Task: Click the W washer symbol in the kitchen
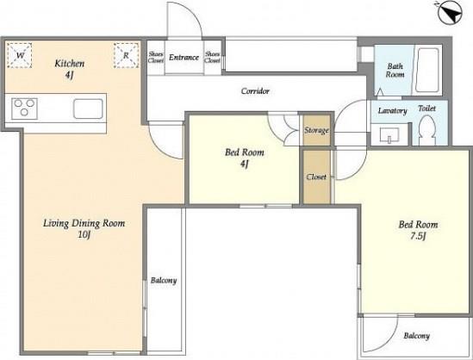point(20,55)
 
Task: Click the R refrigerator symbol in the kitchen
point(127,55)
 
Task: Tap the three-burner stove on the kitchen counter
point(24,109)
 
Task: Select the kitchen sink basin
point(88,109)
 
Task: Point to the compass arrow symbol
point(450,13)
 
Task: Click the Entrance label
point(184,58)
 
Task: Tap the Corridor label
point(255,90)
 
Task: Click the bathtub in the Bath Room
point(426,71)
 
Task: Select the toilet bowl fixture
point(427,130)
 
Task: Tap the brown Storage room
point(316,130)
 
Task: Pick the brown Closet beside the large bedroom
point(316,177)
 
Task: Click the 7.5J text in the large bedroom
point(418,236)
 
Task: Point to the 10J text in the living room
point(84,234)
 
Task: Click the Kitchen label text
point(70,64)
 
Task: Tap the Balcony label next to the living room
point(164,281)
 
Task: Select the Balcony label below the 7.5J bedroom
point(417,336)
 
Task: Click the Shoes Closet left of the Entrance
point(156,57)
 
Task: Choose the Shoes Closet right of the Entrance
point(213,57)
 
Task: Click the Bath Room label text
point(395,70)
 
